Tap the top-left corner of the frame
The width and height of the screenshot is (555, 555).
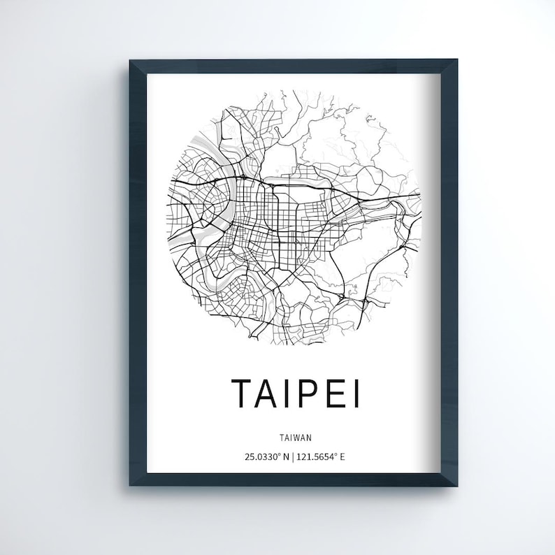tap(130, 61)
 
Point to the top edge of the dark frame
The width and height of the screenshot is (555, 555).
tap(294, 64)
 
